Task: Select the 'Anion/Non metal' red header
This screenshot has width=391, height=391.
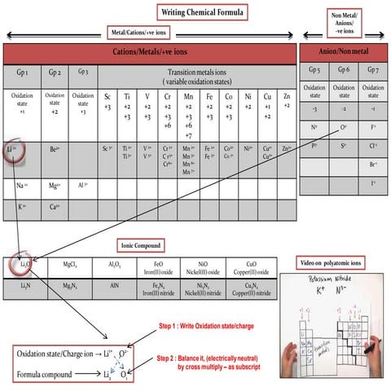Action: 343,51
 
